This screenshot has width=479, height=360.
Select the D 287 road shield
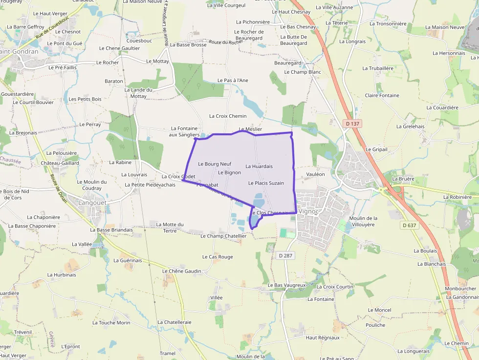285,255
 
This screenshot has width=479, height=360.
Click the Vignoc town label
308,212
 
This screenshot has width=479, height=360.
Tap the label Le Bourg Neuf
215,164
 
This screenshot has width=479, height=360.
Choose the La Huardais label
259,167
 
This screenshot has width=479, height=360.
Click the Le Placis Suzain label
266,183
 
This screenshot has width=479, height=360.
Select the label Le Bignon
229,172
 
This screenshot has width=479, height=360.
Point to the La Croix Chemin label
228,116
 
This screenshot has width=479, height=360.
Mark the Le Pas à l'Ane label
233,80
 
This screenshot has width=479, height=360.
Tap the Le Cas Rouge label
218,257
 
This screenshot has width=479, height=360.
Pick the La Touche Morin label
111,323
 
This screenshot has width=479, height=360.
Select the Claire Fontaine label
382,96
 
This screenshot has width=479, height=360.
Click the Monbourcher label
460,289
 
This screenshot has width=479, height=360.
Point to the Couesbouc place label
139,41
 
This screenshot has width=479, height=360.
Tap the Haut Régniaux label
322,338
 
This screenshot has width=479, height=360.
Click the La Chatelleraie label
174,322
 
